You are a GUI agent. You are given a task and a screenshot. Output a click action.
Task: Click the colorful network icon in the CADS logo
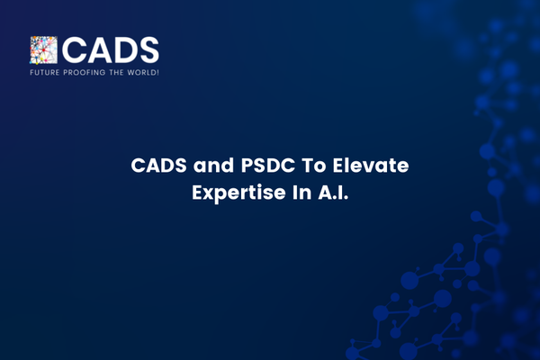pos(43,50)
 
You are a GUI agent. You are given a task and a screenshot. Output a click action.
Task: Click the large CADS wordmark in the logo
pos(111,50)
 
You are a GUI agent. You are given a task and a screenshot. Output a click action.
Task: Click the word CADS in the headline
pos(158,166)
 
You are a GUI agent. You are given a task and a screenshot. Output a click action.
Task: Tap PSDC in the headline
pos(268,166)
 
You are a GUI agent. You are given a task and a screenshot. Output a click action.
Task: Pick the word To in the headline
pos(314,166)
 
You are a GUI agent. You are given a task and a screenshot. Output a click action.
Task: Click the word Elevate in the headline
pos(371,166)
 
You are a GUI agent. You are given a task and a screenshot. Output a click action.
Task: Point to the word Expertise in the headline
pos(238,193)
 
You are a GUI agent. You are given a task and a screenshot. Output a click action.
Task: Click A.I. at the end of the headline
pos(333,193)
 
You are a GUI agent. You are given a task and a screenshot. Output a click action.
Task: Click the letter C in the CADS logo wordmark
pos(74,50)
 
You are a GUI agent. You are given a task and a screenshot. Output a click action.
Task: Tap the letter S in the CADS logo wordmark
pos(148,50)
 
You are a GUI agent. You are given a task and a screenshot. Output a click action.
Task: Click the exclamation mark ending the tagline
pos(157,73)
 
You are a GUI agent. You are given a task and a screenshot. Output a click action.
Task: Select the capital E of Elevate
pos(337,166)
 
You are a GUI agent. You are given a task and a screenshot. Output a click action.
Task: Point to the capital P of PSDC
pos(247,166)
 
